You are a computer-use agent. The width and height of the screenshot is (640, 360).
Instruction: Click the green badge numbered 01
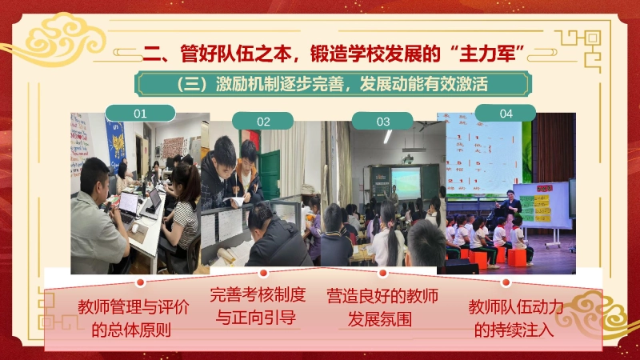[x=140, y=113]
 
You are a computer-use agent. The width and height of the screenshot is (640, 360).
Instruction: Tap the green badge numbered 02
[x=263, y=122]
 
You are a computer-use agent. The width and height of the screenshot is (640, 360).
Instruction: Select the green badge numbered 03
[x=383, y=122]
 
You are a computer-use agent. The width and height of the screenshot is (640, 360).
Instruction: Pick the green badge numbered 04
[x=506, y=114]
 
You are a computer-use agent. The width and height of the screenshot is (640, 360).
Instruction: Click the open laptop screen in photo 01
[x=128, y=202]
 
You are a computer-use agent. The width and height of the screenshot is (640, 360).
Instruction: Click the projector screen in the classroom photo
[x=405, y=183]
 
